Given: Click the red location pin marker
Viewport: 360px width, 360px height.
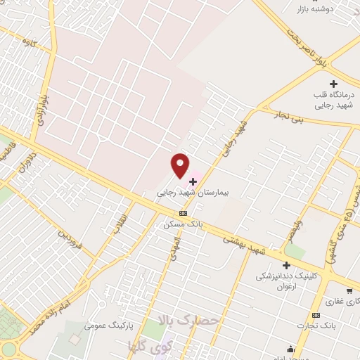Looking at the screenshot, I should coord(181,165).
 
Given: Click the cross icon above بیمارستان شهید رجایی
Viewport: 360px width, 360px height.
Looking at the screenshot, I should coord(193,181).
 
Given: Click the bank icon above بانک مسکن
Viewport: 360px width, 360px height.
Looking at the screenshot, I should coord(183,214).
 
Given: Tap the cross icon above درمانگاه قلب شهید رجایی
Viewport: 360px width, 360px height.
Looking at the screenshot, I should coord(333,84).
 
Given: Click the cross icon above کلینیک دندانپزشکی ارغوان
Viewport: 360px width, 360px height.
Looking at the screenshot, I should coord(286,265).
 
